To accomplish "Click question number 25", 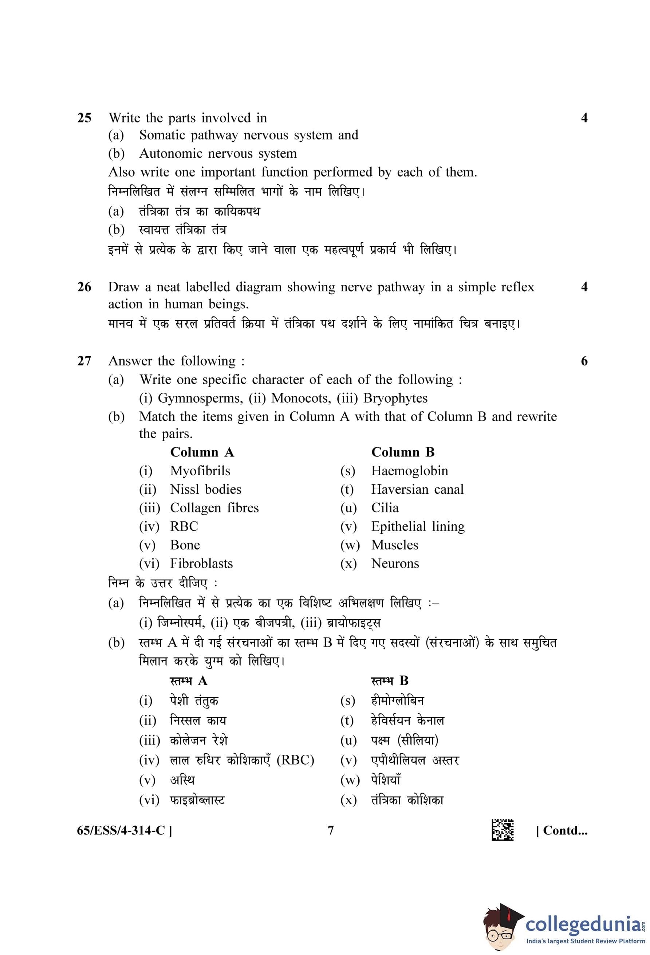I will pyautogui.click(x=84, y=118).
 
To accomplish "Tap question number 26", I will pyautogui.click(x=84, y=287).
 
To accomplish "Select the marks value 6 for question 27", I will pyautogui.click(x=584, y=361).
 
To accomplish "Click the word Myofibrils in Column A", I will pyautogui.click(x=200, y=471).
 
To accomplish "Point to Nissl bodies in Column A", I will pyautogui.click(x=205, y=489).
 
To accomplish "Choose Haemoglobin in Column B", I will pyautogui.click(x=409, y=471).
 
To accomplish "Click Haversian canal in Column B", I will pyautogui.click(x=417, y=489).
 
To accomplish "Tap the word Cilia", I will pyautogui.click(x=385, y=508).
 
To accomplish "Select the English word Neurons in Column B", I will pyautogui.click(x=395, y=563).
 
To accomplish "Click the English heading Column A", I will pyautogui.click(x=202, y=453).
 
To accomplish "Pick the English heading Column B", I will pyautogui.click(x=403, y=453).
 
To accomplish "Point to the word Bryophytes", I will pyautogui.click(x=395, y=398).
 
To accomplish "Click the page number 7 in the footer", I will pyautogui.click(x=331, y=830).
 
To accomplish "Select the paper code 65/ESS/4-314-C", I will pyautogui.click(x=125, y=830).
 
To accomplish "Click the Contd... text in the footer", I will pyautogui.click(x=561, y=830).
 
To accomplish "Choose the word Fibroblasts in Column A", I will pyautogui.click(x=201, y=563).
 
